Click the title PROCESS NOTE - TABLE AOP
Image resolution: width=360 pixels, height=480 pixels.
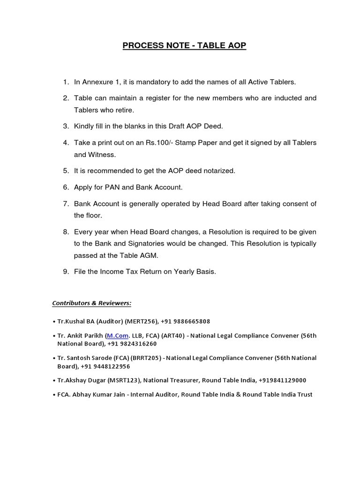point(184,46)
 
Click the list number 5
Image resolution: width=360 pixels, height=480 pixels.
point(66,171)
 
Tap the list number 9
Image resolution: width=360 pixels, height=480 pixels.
point(66,272)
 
